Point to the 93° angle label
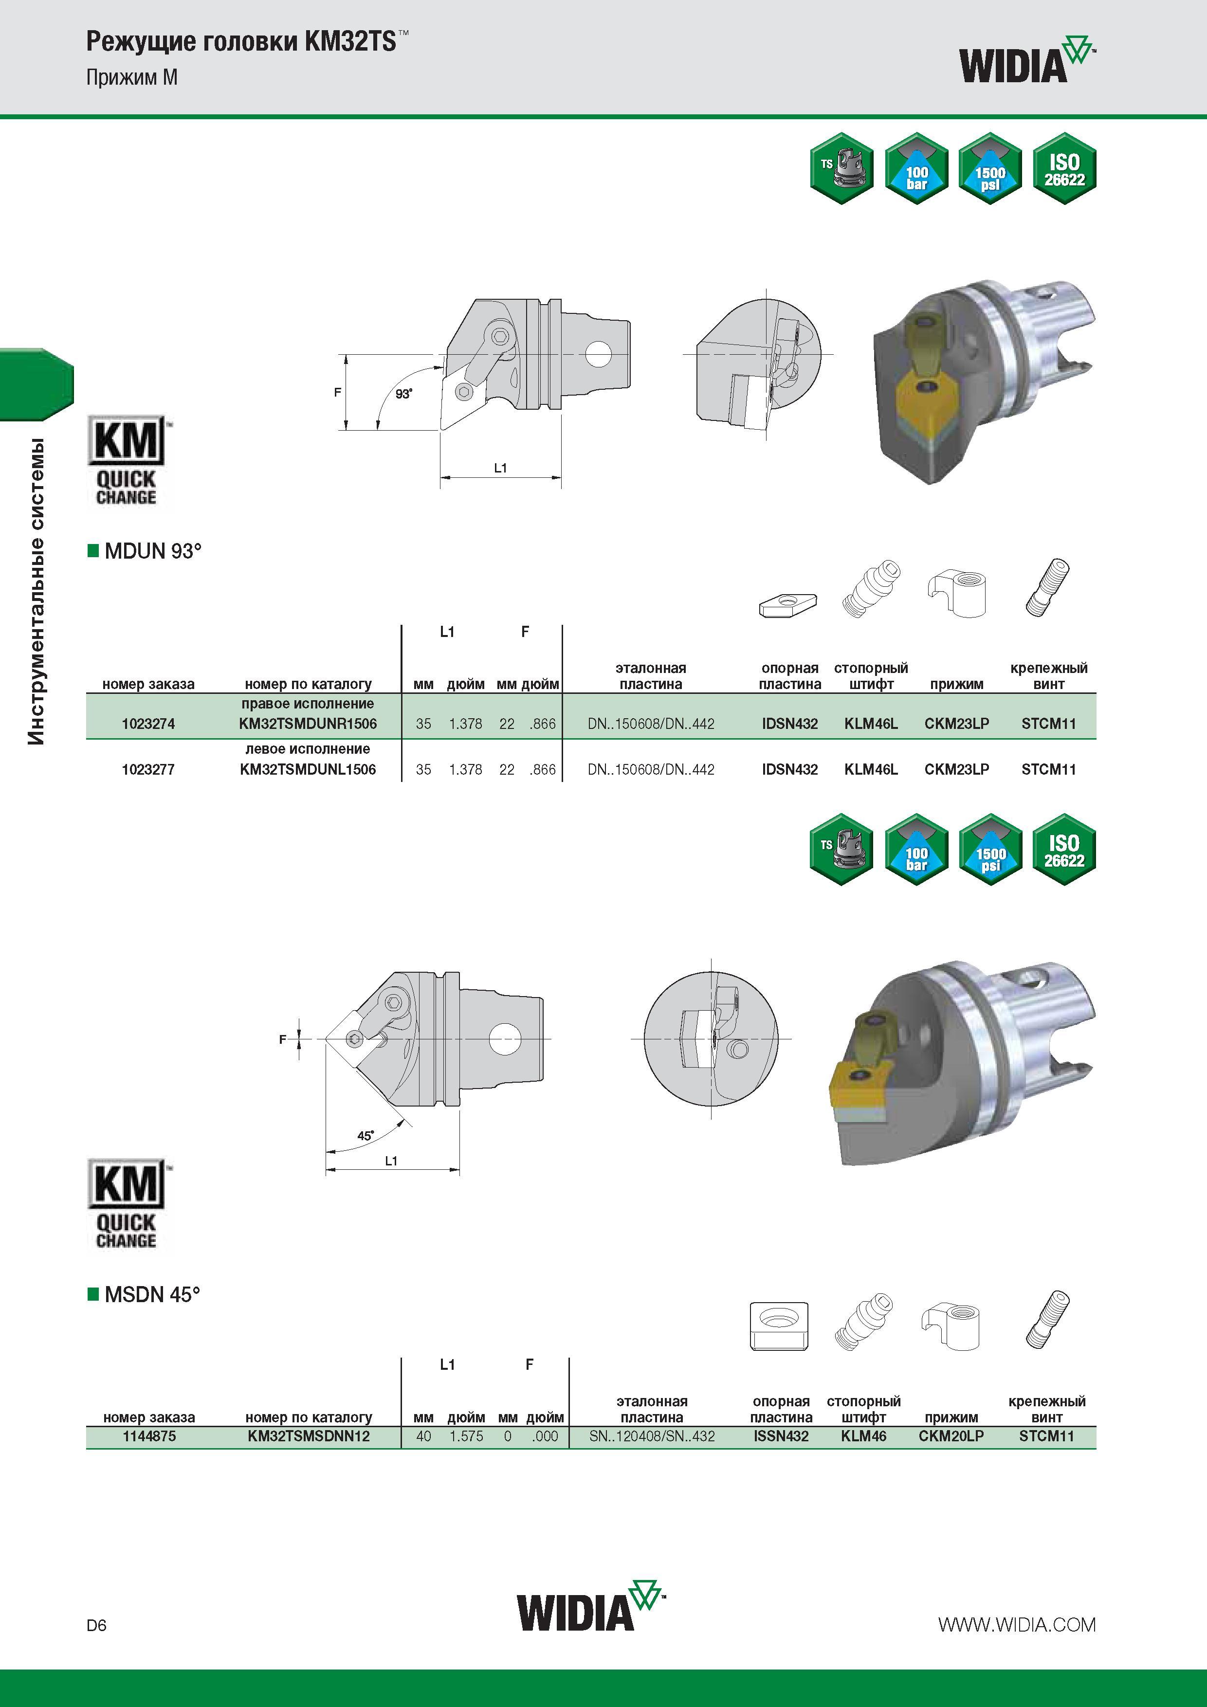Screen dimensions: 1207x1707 tap(403, 394)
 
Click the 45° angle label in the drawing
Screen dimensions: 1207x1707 tap(365, 1136)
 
